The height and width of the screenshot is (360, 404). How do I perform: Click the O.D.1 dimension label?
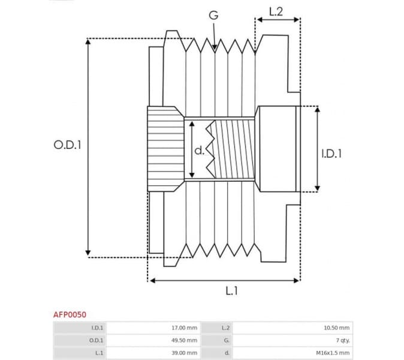[68, 145]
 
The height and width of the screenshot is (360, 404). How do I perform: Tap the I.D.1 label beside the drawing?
[331, 154]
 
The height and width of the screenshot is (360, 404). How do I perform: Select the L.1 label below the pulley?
[232, 291]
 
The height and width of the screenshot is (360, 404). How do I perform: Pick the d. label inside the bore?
[200, 151]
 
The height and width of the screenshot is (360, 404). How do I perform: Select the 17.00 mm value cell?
[184, 328]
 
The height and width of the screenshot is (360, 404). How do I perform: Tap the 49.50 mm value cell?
[184, 340]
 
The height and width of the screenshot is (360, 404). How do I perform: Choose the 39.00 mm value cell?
[184, 353]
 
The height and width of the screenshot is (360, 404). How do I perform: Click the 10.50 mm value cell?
[337, 328]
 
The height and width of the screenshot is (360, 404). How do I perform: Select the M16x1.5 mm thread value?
[335, 353]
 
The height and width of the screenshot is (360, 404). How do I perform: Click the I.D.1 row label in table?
[97, 328]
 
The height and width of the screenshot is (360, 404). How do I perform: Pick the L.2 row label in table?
[225, 328]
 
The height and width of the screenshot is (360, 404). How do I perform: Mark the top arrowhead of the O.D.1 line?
[89, 42]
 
